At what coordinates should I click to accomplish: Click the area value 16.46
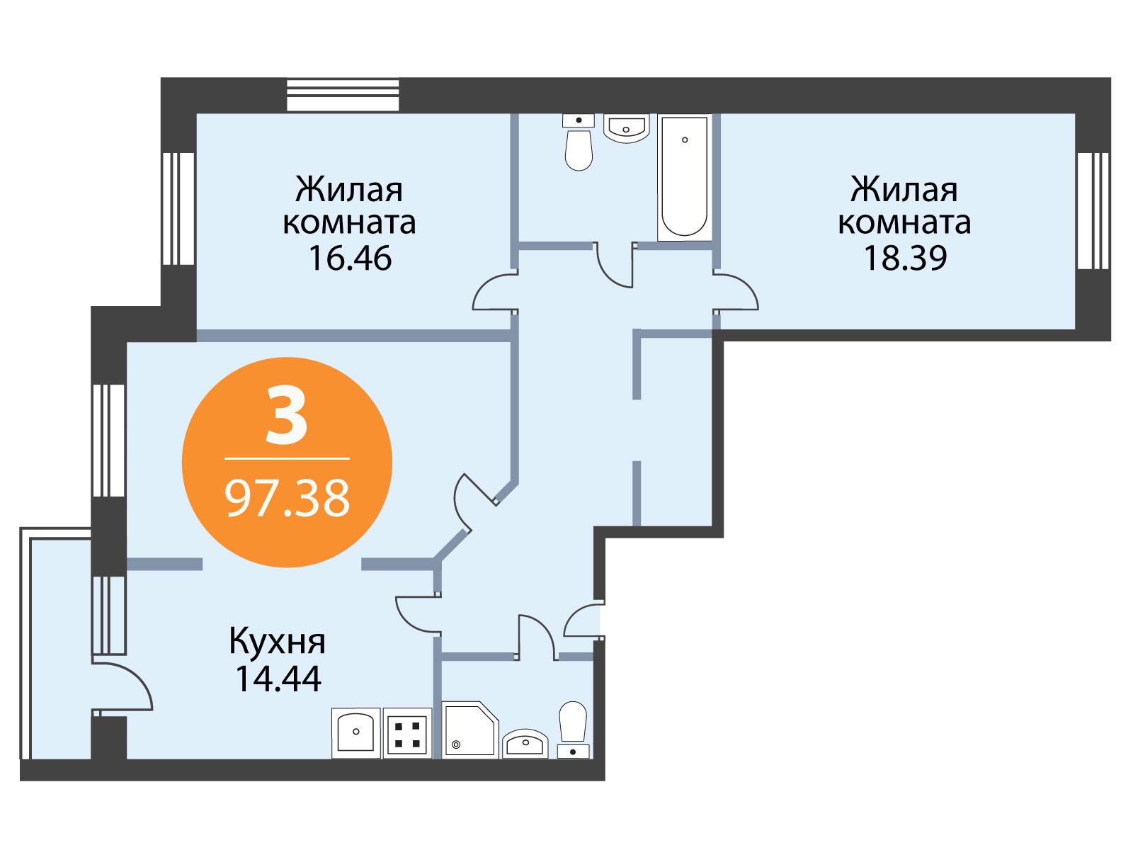click(350, 259)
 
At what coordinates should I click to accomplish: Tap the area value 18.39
click(906, 259)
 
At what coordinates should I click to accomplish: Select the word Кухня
click(277, 642)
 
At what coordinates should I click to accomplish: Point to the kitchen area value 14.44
click(278, 679)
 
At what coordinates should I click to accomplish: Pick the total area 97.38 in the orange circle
click(287, 499)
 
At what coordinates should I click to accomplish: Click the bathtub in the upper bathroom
click(685, 177)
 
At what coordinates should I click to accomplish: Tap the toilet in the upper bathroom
click(579, 142)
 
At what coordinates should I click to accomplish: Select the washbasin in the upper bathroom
click(626, 128)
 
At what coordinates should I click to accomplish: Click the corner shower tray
click(470, 730)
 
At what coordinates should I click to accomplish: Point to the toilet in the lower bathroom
click(574, 730)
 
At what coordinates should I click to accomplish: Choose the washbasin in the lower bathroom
click(525, 744)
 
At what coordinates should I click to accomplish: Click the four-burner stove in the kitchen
click(407, 733)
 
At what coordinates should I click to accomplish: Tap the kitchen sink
click(355, 733)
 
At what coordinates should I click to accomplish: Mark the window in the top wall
click(343, 95)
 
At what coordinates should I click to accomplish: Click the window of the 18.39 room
click(1093, 210)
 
